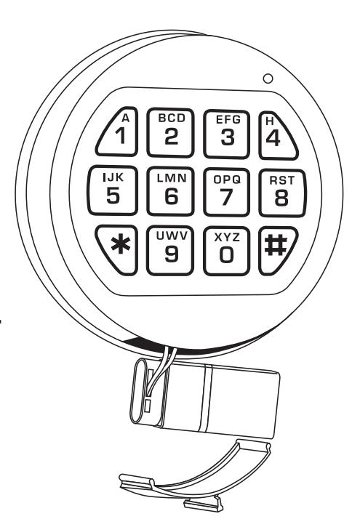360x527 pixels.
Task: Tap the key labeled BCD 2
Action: pos(171,132)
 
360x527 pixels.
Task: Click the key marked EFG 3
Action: pos(227,134)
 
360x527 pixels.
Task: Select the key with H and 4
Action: pos(276,135)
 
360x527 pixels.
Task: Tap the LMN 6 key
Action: pos(171,191)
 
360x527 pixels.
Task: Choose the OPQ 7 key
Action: pos(227,192)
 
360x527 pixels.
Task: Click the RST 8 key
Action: pos(282,193)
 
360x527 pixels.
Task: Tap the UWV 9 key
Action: pos(170,250)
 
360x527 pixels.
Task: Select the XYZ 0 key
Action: pos(227,251)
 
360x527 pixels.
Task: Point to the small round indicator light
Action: pos(268,79)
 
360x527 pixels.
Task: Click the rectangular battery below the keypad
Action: pos(205,398)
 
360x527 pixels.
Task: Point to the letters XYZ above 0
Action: pos(227,237)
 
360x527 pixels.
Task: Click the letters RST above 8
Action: pos(281,180)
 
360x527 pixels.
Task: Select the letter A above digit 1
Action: pos(125,118)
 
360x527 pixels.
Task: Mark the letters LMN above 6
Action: pos(172,178)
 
